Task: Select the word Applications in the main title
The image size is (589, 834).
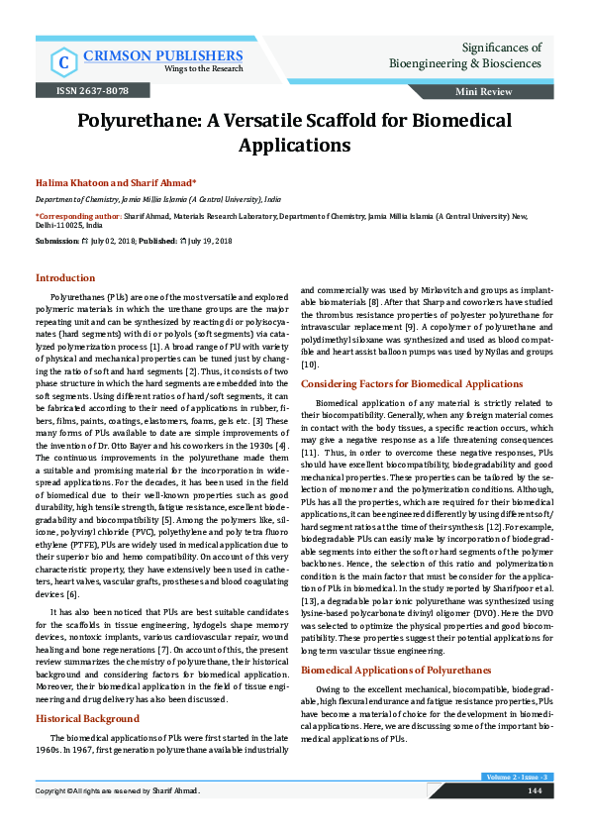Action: pyautogui.click(x=294, y=145)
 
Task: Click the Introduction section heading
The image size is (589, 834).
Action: pyautogui.click(x=65, y=278)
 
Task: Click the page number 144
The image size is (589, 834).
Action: pyautogui.click(x=534, y=818)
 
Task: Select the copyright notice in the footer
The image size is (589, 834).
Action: pyautogui.click(x=118, y=819)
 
